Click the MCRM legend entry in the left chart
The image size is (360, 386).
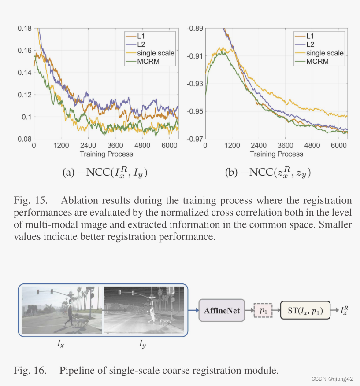[148, 61]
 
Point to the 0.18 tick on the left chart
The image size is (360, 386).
[25, 29]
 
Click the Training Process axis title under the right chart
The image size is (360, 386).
[276, 154]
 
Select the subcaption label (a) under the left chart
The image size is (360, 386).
[71, 173]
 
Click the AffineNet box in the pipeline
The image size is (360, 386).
[222, 311]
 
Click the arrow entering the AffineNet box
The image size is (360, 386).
[193, 311]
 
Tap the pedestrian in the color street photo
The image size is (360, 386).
[69, 315]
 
